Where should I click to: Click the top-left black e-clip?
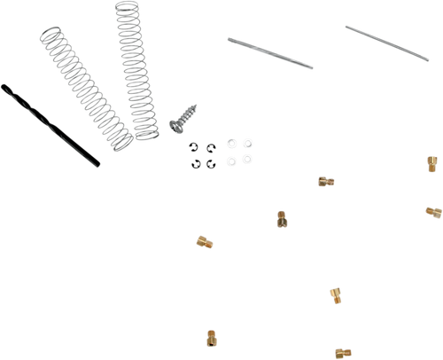[198, 147]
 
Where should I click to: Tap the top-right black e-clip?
[212, 146]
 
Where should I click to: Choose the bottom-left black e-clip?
[198, 162]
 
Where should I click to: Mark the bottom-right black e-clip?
[212, 162]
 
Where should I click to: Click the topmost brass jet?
[430, 162]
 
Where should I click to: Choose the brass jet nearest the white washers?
[325, 181]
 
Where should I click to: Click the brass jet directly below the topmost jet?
[431, 212]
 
